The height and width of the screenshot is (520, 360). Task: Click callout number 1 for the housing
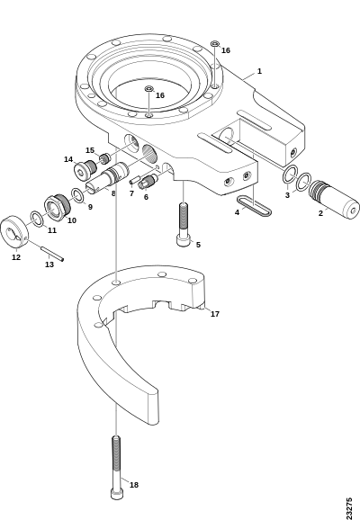[x=259, y=71]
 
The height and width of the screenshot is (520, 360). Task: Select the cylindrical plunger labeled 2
[x=334, y=200]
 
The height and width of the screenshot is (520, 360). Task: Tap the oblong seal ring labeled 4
[x=254, y=206]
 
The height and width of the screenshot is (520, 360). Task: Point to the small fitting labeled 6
[x=148, y=182]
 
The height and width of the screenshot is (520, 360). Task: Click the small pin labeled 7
[x=134, y=181]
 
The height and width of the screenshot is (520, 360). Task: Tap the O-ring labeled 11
[x=36, y=219]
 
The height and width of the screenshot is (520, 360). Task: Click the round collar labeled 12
[x=14, y=233]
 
